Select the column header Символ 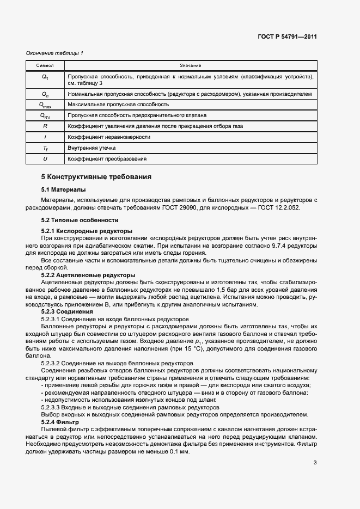point(45,65)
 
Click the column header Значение point(191,65)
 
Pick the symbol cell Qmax point(45,105)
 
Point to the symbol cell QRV point(45,115)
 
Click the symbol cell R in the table point(45,126)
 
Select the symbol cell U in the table point(45,158)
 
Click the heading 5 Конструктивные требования point(96,177)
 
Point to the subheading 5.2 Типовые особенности point(80,220)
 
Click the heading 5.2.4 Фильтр point(60,422)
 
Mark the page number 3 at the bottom point(315,463)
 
